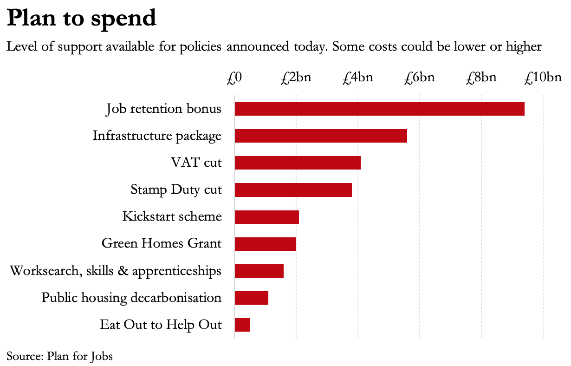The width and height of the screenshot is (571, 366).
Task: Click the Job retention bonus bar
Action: click(x=379, y=109)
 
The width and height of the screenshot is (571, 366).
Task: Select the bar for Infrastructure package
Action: click(x=321, y=136)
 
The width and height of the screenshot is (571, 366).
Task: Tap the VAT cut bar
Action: click(x=298, y=163)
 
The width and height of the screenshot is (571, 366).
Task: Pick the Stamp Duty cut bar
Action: click(x=293, y=190)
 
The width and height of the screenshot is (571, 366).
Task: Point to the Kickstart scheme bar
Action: click(x=266, y=217)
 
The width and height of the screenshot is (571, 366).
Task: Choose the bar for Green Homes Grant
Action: click(x=265, y=244)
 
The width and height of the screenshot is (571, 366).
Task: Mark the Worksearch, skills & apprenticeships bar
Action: click(x=259, y=271)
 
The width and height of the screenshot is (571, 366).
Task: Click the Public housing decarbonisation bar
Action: click(x=251, y=298)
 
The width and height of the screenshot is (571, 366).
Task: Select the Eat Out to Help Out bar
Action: click(x=242, y=325)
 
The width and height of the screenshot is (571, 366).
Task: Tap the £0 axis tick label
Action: click(x=234, y=77)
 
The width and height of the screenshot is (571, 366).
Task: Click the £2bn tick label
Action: click(x=296, y=77)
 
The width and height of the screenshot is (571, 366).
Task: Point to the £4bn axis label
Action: click(x=358, y=77)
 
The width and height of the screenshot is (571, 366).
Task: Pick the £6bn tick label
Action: click(x=420, y=77)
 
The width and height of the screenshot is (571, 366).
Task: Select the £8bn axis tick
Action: click(x=481, y=77)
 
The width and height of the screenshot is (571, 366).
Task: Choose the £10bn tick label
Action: click(x=543, y=77)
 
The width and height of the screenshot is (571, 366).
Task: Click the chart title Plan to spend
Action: click(x=81, y=19)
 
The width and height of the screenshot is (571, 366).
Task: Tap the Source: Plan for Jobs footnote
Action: click(x=59, y=356)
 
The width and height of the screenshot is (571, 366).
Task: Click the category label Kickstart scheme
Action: click(x=172, y=217)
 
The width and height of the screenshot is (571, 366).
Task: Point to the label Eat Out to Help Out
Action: click(x=161, y=325)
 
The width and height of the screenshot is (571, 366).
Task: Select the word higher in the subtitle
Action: click(x=524, y=47)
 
